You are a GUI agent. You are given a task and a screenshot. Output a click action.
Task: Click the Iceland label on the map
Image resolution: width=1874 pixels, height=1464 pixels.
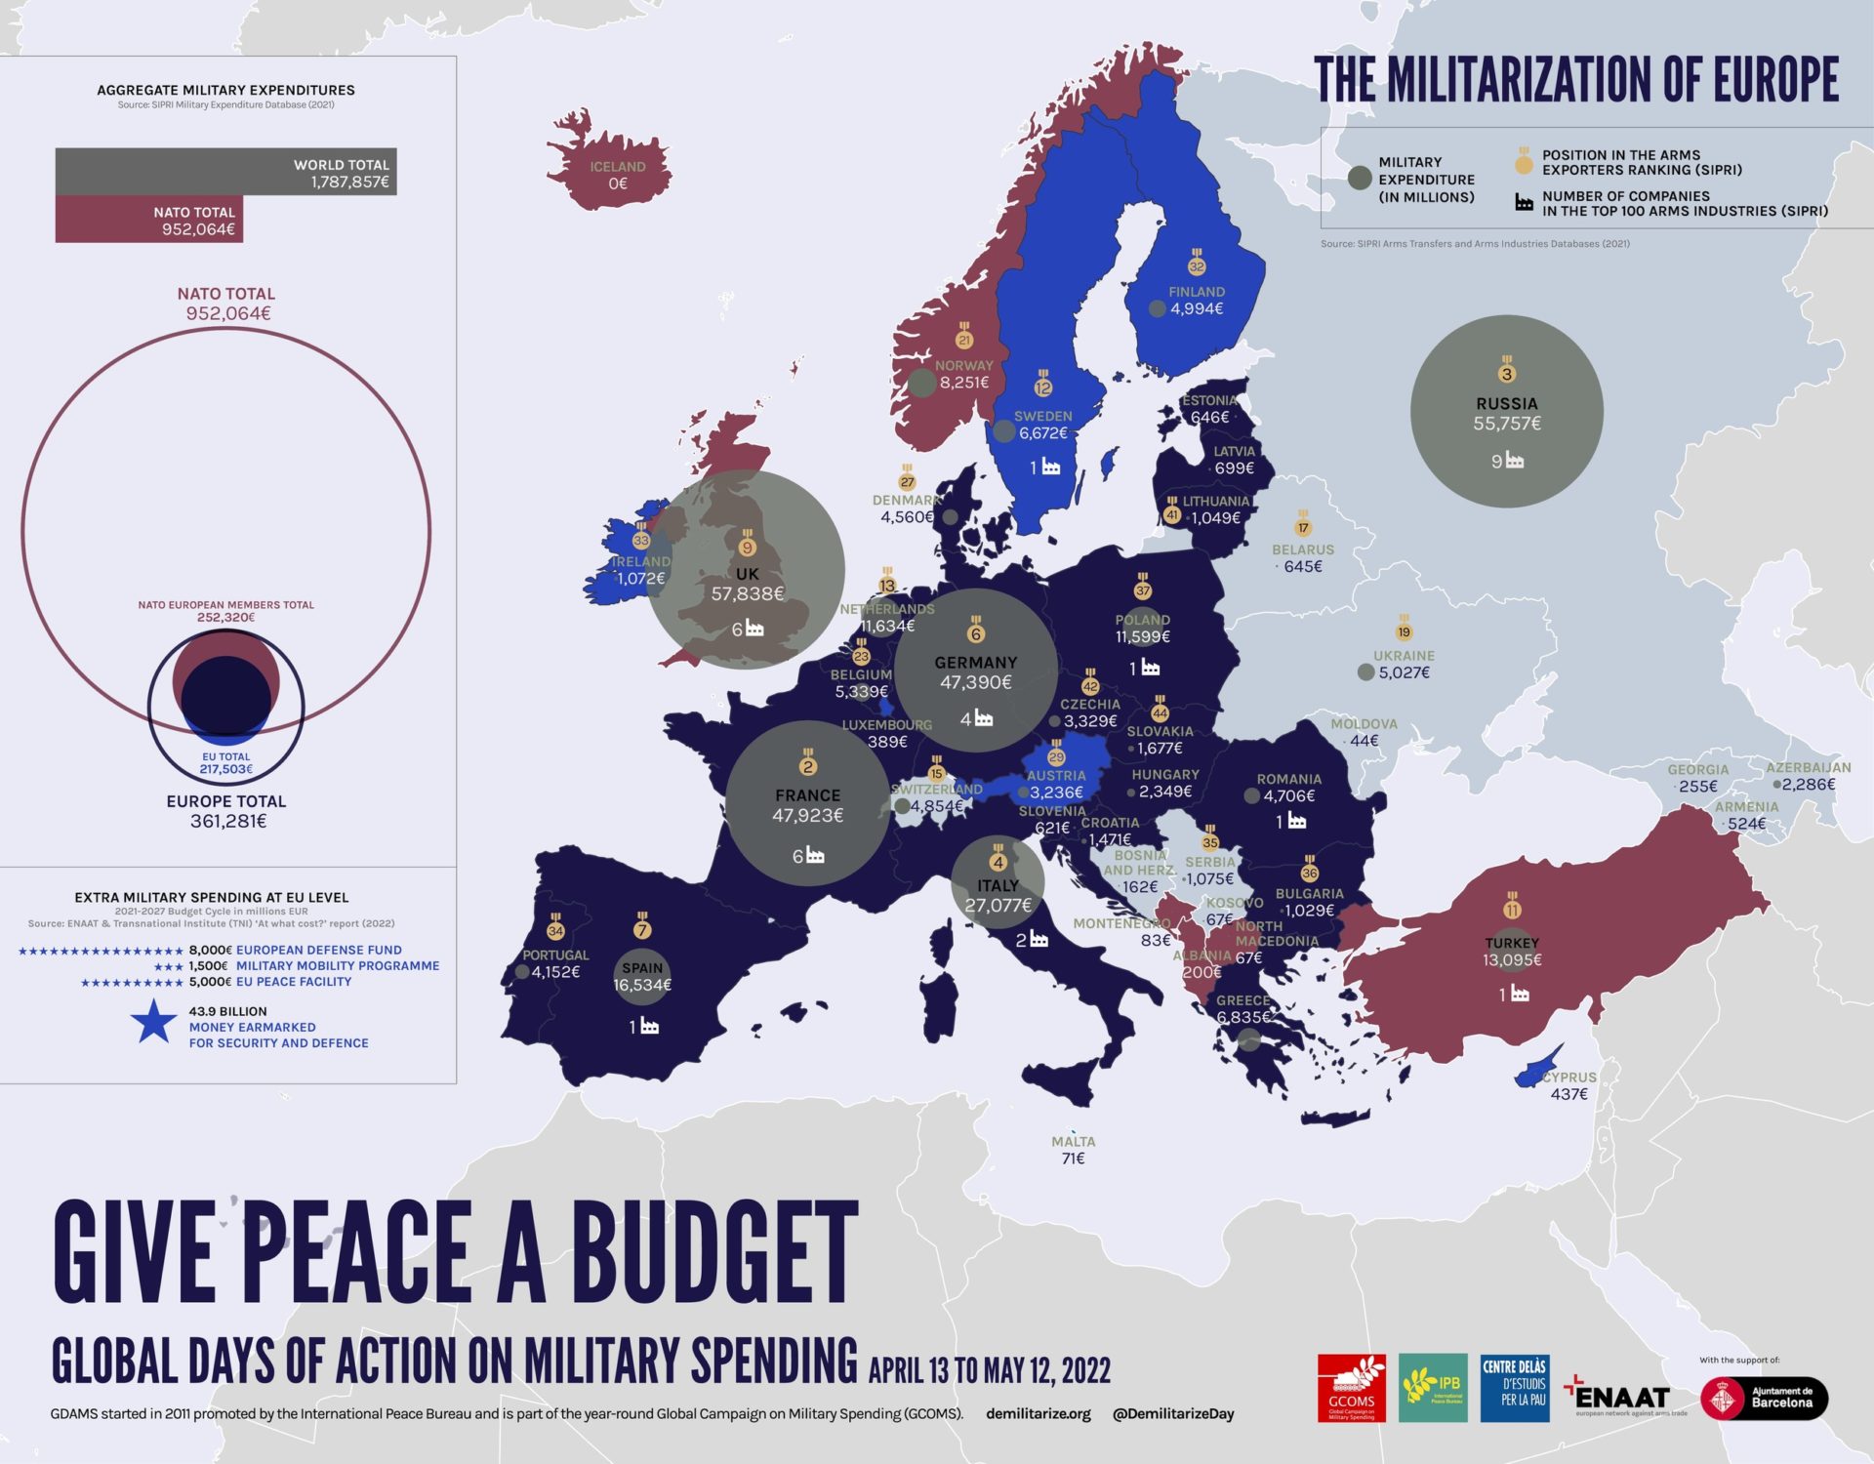(617, 167)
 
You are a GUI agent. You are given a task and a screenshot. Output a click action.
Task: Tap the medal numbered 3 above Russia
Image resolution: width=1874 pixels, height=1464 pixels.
(1507, 373)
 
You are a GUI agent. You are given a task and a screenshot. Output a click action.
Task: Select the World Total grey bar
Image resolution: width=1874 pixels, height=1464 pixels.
(225, 173)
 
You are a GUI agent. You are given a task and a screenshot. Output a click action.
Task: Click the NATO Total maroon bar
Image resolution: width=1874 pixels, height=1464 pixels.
(148, 220)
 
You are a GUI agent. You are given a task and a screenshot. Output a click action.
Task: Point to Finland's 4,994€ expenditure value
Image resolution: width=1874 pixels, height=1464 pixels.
(1197, 309)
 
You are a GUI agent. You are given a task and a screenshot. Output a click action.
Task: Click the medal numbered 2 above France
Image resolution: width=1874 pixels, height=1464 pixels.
(807, 765)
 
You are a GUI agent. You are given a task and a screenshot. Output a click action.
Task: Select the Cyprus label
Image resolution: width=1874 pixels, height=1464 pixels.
(1569, 1078)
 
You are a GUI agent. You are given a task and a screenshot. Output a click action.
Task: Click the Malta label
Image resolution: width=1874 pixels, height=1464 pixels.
(1073, 1142)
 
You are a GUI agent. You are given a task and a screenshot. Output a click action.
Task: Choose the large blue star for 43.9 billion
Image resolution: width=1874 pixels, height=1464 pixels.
(153, 1022)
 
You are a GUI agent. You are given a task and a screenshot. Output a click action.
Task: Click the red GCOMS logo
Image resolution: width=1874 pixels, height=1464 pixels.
(1351, 1388)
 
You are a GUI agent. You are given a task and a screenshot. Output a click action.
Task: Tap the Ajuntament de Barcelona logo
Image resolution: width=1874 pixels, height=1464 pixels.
(1764, 1398)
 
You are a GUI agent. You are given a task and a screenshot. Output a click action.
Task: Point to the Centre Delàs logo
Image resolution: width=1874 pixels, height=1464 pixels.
(1514, 1388)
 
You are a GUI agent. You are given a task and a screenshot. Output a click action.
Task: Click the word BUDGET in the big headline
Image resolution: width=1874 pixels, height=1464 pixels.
(714, 1253)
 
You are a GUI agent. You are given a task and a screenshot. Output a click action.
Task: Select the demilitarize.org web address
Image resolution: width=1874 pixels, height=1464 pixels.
(1039, 1413)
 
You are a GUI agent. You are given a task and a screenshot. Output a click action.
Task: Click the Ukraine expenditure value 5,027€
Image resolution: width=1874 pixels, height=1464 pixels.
(1404, 672)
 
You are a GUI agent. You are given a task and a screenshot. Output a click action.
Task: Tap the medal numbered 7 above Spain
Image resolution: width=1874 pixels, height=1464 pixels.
(642, 929)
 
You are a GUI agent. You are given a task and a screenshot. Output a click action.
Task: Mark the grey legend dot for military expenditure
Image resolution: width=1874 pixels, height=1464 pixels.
(1359, 178)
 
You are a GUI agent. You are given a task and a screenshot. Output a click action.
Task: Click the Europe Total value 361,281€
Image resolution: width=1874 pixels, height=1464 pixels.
(227, 822)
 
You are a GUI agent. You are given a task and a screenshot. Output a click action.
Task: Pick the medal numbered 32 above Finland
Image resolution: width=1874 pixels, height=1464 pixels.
(1197, 265)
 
